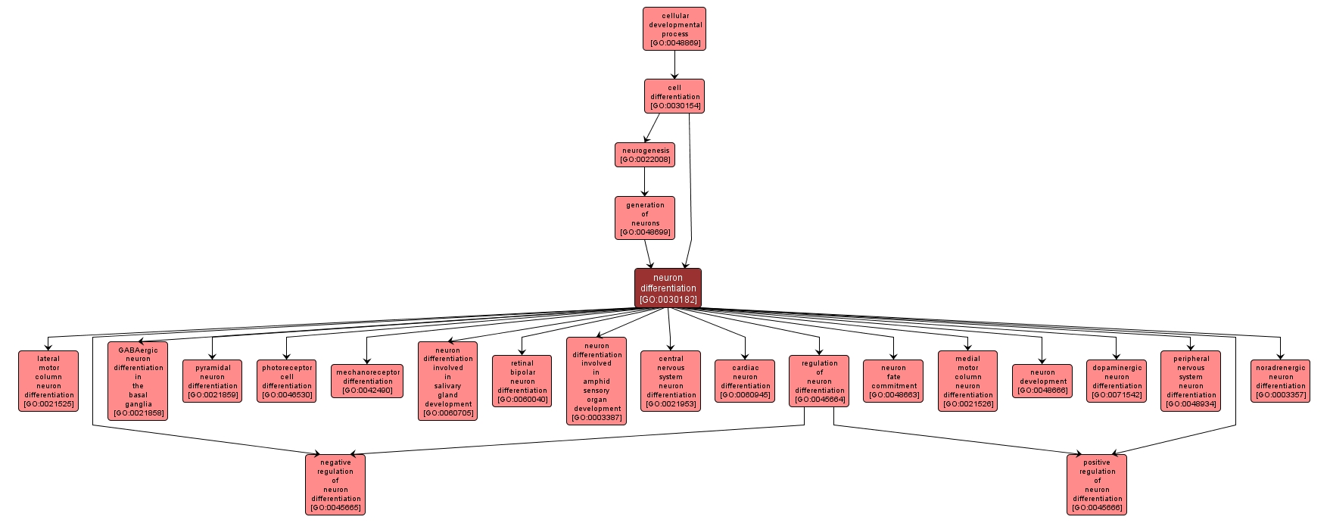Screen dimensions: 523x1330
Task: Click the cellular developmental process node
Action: click(x=674, y=29)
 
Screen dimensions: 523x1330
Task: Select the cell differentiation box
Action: click(x=674, y=96)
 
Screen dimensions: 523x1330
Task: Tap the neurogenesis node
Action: click(x=645, y=154)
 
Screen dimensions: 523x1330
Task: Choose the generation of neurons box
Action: click(x=645, y=218)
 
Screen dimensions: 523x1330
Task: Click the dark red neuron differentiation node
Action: click(x=668, y=288)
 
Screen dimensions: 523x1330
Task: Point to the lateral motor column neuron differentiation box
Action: click(x=48, y=381)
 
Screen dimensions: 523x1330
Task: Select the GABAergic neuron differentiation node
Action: click(x=138, y=381)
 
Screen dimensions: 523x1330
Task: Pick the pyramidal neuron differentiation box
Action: click(x=212, y=381)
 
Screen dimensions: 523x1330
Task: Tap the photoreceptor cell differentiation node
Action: click(x=286, y=381)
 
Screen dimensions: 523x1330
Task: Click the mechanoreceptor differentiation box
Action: click(x=367, y=381)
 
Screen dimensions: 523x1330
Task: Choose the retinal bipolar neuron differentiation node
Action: click(x=522, y=381)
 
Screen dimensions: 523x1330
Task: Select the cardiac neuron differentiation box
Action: click(x=745, y=381)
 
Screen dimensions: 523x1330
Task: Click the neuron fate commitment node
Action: click(x=893, y=381)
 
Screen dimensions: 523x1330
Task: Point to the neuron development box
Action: click(x=1042, y=381)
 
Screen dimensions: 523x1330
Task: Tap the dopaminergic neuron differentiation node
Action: click(x=1116, y=381)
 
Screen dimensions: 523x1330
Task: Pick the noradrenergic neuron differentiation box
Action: click(x=1280, y=381)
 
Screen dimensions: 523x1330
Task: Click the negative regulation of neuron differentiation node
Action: click(x=335, y=484)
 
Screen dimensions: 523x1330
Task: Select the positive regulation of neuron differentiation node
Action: click(x=1097, y=484)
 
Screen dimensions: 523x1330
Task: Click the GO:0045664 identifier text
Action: click(x=819, y=400)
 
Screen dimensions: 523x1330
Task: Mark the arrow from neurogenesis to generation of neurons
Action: click(x=645, y=182)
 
